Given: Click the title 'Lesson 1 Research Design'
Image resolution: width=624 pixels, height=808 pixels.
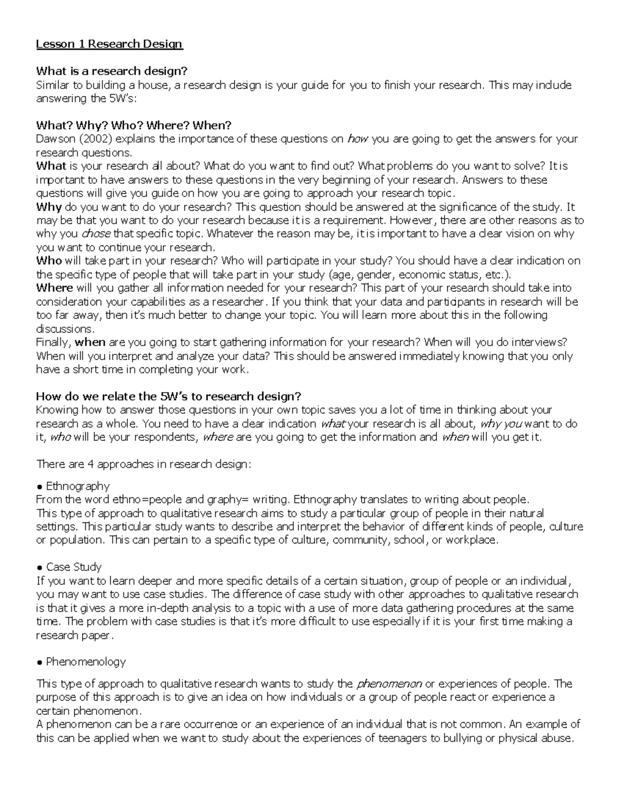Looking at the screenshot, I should click(x=109, y=44).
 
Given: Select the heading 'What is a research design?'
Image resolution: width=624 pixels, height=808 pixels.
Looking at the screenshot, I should click(x=111, y=71).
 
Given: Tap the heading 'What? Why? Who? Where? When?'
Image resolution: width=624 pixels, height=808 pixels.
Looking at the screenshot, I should click(x=133, y=125).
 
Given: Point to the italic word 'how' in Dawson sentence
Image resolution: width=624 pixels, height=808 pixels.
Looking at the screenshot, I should click(x=357, y=139).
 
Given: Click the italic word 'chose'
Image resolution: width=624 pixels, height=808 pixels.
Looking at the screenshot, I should click(x=97, y=234).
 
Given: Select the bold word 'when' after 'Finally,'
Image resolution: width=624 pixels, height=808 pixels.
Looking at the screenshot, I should click(x=90, y=342).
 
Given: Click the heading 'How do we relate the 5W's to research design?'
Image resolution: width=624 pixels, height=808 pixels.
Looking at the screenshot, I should click(x=168, y=396).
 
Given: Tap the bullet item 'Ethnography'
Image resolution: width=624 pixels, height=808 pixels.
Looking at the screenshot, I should click(x=77, y=486).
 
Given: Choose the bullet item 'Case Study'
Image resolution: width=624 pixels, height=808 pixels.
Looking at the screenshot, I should click(x=73, y=567).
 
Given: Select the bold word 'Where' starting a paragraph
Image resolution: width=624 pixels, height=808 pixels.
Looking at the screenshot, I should click(x=55, y=288).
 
